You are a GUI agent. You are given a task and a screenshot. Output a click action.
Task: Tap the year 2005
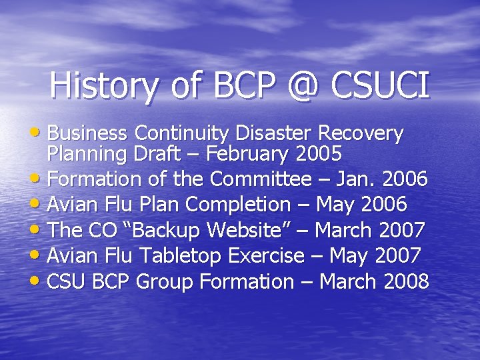(317, 154)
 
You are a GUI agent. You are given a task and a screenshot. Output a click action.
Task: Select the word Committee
(261, 179)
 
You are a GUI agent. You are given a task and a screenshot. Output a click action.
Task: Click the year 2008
(406, 281)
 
